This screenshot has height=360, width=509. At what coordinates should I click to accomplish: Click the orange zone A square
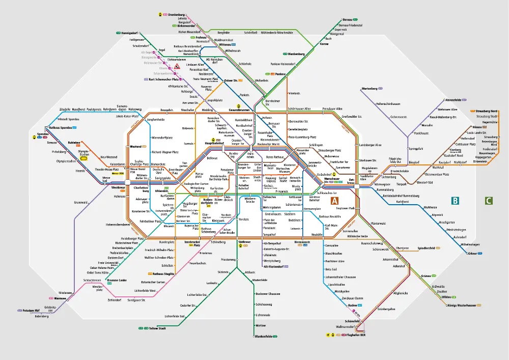(x=335, y=201)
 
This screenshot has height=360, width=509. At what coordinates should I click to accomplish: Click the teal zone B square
(x=455, y=201)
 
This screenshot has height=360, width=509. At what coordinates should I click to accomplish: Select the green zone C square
(x=488, y=201)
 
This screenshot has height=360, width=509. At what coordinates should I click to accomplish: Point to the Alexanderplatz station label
(x=303, y=152)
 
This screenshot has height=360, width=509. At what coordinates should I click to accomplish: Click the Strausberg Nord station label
(x=487, y=111)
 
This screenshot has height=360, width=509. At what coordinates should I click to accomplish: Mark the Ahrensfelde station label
(x=453, y=100)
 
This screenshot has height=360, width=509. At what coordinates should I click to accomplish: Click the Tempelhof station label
(x=269, y=235)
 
